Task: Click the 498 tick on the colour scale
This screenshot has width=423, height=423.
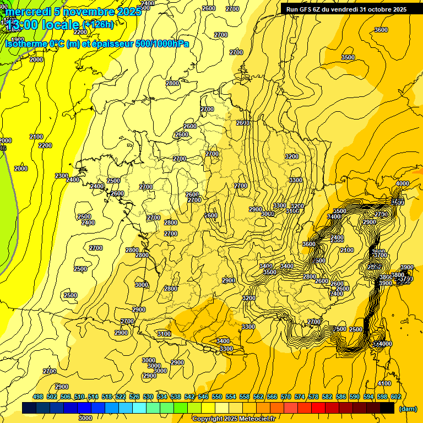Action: click(x=38, y=397)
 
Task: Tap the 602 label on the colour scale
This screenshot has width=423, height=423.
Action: click(x=396, y=397)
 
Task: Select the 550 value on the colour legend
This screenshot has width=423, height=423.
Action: click(x=217, y=397)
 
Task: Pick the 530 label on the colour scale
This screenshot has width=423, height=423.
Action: click(x=148, y=397)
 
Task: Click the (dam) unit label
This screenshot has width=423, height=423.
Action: click(x=408, y=409)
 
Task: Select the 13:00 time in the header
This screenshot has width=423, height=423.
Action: click(x=24, y=25)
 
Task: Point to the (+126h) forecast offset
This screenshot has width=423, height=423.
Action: click(x=98, y=25)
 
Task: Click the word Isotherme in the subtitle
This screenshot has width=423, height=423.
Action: click(x=26, y=44)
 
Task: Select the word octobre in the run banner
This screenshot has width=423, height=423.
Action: click(x=376, y=9)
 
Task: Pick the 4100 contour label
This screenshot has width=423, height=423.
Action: click(x=384, y=384)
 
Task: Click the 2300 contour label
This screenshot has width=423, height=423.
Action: click(x=62, y=176)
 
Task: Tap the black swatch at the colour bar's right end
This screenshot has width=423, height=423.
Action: click(x=387, y=408)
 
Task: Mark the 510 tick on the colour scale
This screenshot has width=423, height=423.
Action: click(x=79, y=397)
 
